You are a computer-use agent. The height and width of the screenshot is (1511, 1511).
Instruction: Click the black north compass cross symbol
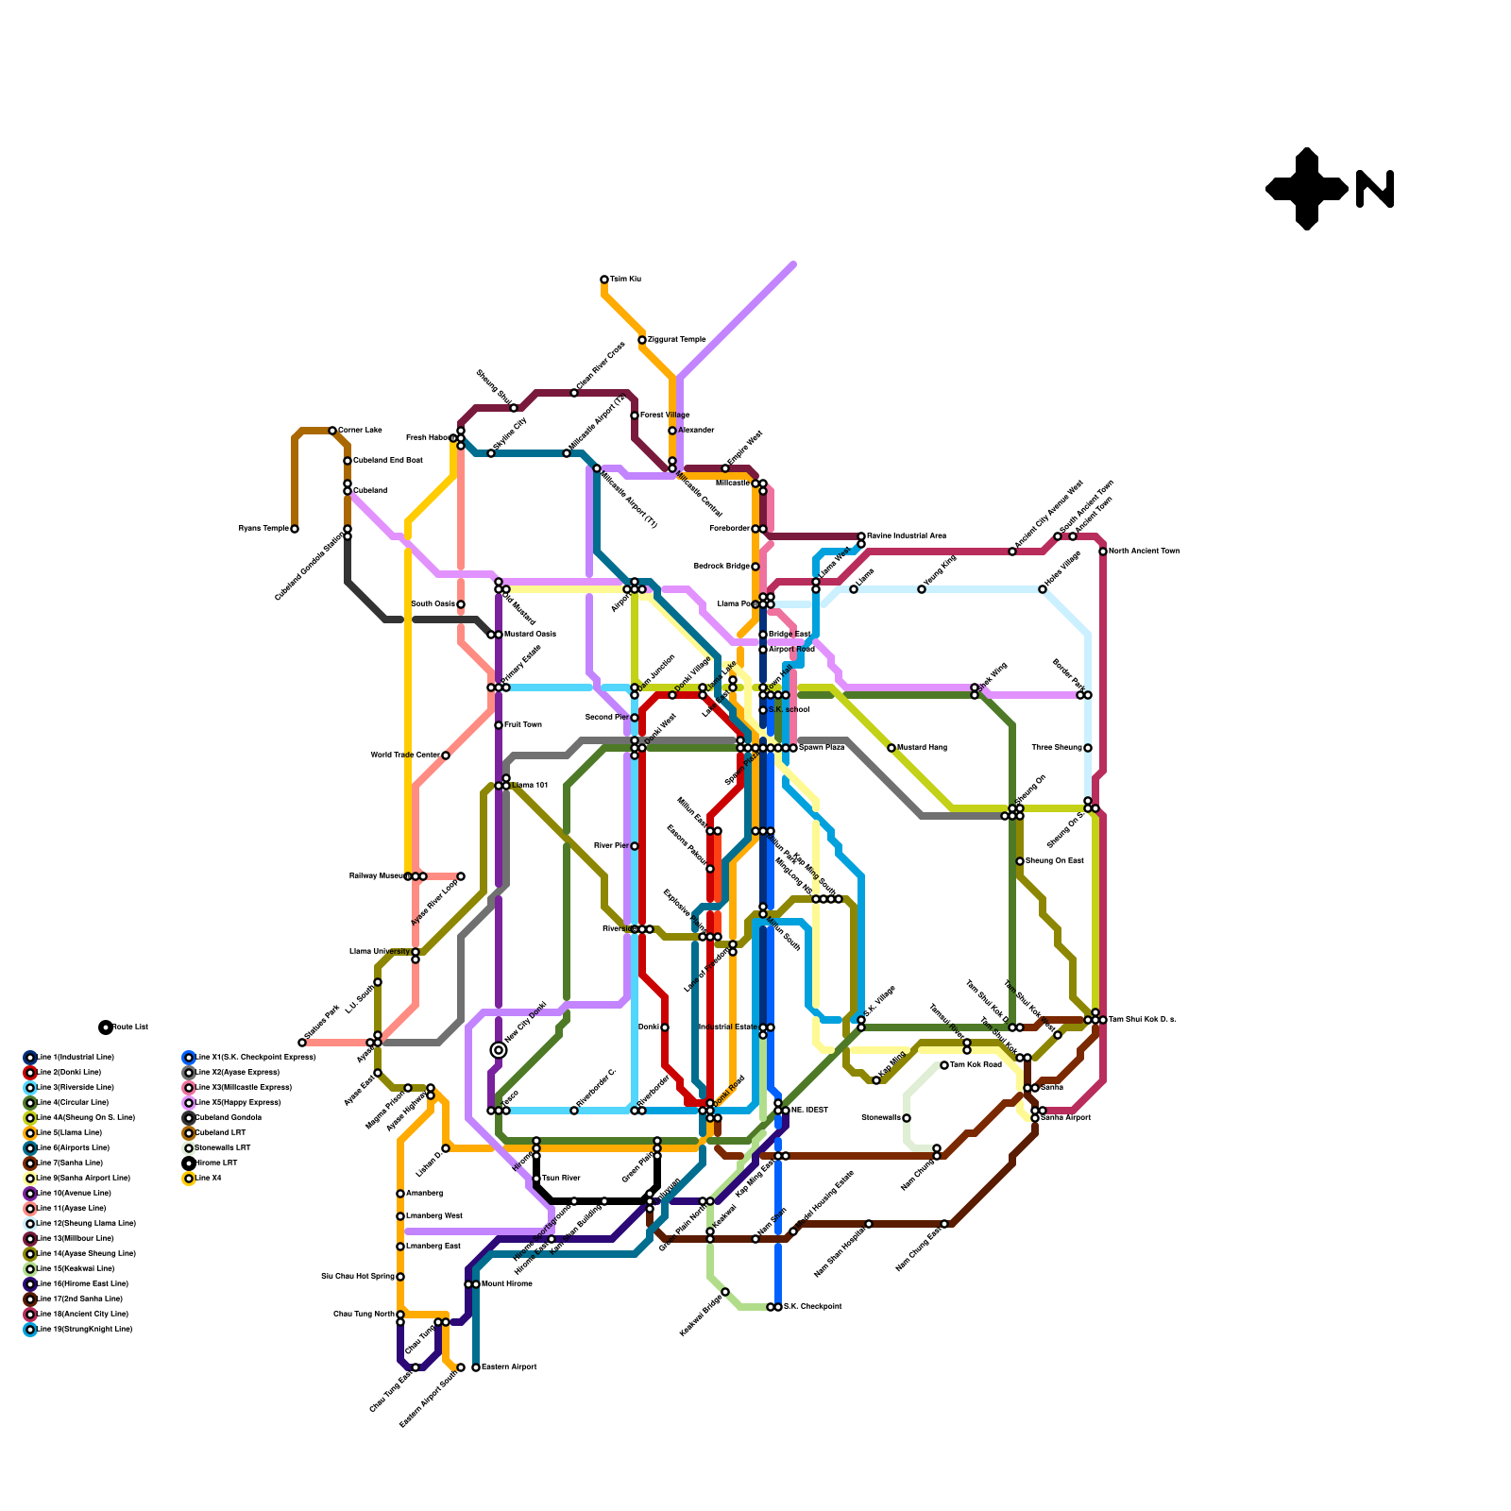1306,189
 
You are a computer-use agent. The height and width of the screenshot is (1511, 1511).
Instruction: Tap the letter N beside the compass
1375,189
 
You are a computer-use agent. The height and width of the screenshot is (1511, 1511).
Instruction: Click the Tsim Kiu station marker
604,280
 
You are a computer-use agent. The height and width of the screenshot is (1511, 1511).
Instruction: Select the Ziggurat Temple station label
676,340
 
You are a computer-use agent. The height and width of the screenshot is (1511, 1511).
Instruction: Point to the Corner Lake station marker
332,431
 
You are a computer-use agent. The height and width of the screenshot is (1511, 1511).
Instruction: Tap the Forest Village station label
665,416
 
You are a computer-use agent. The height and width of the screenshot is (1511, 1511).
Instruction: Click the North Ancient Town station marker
1103,552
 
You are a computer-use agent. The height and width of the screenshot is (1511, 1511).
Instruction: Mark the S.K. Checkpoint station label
812,1307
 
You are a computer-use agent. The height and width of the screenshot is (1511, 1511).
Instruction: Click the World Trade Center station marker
446,755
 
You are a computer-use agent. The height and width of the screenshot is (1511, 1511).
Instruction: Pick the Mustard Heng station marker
891,748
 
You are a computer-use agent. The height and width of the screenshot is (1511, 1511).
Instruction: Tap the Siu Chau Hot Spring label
358,1277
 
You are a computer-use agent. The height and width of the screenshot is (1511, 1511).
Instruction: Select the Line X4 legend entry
209,1179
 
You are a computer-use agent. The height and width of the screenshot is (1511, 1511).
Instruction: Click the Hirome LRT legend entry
215,1163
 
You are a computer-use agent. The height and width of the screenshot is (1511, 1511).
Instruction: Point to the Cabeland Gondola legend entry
228,1118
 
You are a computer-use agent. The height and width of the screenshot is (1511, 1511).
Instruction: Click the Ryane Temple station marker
295,529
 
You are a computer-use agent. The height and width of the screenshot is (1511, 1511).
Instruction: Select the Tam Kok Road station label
976,1065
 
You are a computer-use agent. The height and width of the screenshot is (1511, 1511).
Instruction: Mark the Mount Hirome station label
506,1284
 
